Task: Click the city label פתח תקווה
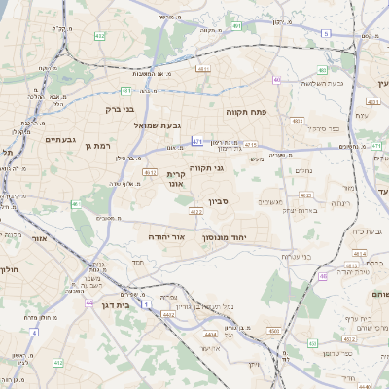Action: (x=247, y=112)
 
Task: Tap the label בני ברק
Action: (x=119, y=109)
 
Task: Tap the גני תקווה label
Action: (x=207, y=167)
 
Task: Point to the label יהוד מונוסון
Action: (x=225, y=237)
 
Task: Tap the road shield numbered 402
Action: (x=99, y=35)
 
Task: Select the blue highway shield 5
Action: (x=326, y=34)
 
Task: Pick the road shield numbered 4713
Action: (x=250, y=144)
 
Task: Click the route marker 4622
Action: (x=195, y=211)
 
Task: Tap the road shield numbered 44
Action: (x=88, y=302)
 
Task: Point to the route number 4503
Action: (x=273, y=331)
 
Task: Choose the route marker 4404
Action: (x=211, y=334)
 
